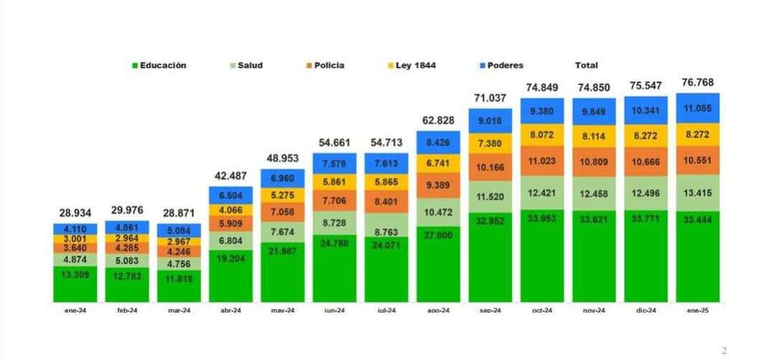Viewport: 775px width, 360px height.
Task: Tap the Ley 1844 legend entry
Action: click(x=415, y=65)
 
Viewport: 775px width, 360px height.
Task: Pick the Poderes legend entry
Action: click(x=504, y=65)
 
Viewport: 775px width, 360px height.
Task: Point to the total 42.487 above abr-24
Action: click(x=231, y=176)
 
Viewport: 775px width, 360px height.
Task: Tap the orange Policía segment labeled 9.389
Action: click(x=438, y=185)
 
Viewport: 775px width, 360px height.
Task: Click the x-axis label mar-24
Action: click(x=179, y=311)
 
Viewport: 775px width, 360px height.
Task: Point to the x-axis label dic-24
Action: click(x=645, y=311)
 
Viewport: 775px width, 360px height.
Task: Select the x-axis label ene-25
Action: click(x=697, y=311)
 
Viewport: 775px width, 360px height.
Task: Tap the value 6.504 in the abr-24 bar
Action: click(x=231, y=194)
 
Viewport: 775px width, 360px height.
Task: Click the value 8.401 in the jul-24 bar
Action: click(x=387, y=202)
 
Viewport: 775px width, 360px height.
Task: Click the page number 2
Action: click(x=724, y=350)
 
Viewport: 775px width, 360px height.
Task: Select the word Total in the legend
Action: click(x=586, y=65)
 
